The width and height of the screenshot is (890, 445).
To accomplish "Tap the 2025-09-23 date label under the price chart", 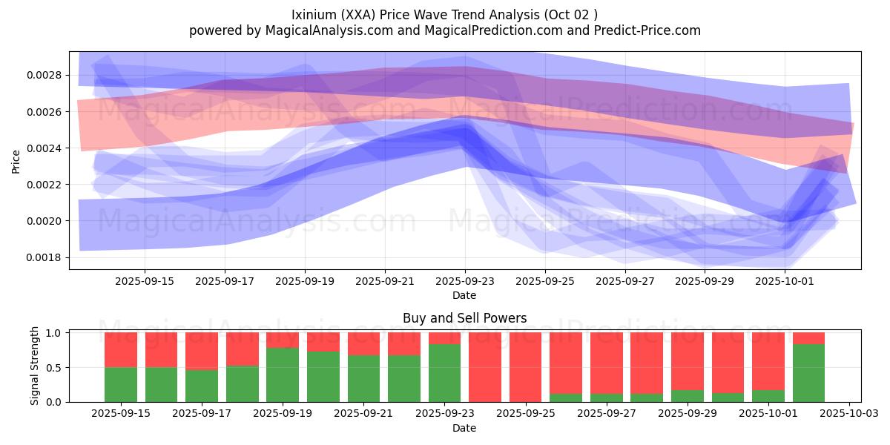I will [465, 282].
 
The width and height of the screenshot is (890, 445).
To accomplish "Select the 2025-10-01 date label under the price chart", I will [785, 282].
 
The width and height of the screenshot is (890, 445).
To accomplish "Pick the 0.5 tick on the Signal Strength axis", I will [56, 367].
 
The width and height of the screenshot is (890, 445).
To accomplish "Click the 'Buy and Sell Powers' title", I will [464, 318].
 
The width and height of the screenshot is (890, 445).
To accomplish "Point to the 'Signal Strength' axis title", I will [35, 366].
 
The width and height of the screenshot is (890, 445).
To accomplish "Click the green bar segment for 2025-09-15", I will [121, 384].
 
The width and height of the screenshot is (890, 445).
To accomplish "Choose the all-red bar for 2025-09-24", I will [485, 367].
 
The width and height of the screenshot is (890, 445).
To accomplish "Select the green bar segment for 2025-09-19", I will [283, 375].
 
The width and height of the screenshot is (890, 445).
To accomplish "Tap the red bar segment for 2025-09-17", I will [202, 351].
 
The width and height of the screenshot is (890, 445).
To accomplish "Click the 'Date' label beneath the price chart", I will [464, 295].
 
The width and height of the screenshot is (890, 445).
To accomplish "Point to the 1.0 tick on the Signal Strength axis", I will [56, 332].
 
